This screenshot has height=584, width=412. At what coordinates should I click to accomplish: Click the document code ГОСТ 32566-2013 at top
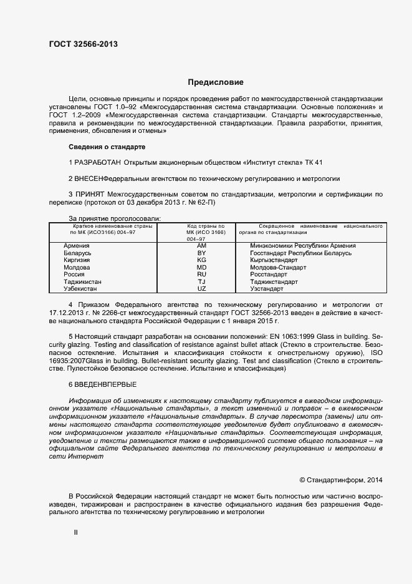83,44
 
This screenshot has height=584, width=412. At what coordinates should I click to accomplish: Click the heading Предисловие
216,82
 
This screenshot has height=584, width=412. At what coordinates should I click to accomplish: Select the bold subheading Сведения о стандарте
107,147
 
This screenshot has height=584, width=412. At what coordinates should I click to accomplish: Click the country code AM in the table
201,246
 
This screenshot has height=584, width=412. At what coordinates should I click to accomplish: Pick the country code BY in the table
201,253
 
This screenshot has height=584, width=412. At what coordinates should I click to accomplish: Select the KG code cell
201,260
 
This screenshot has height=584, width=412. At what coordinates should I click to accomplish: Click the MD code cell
201,267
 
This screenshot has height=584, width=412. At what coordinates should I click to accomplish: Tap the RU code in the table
201,275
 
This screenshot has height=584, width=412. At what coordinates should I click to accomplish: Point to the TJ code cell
201,281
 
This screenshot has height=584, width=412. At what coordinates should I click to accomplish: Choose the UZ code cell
201,289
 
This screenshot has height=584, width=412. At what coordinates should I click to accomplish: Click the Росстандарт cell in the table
269,275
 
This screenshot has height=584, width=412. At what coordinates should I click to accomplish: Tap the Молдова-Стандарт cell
278,267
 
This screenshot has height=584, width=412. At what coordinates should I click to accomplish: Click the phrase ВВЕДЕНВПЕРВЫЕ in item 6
105,384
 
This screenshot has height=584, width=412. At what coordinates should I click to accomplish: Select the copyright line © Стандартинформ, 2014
340,480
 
